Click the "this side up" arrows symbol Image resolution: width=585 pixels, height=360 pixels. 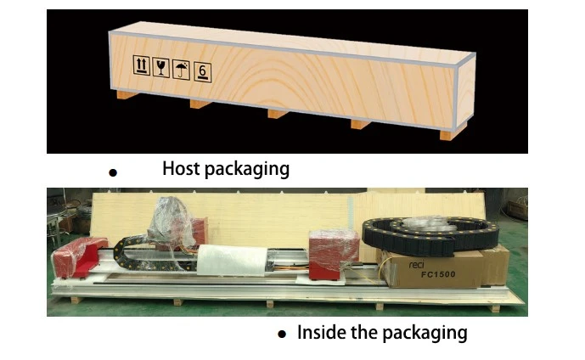click(142, 65)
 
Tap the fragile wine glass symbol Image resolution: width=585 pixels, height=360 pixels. click(160, 68)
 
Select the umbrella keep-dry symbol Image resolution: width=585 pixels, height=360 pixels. click(181, 70)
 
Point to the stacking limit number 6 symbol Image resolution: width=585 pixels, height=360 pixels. click(202, 72)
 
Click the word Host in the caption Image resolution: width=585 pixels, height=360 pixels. click(181, 168)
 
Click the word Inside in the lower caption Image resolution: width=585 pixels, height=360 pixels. click(321, 332)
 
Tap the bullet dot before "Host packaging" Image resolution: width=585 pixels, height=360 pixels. click(113, 172)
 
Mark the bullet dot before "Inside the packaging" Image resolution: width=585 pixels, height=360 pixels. click(282, 334)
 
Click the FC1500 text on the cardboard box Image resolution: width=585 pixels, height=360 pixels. click(438, 274)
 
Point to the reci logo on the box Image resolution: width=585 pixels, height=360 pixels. click(416, 265)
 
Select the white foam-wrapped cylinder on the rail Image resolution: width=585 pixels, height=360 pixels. click(232, 261)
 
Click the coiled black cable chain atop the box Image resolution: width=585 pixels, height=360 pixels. click(430, 235)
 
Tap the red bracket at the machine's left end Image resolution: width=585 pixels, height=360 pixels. click(79, 258)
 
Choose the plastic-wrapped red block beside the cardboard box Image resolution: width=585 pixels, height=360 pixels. click(334, 254)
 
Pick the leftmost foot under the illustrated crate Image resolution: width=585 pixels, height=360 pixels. click(127, 94)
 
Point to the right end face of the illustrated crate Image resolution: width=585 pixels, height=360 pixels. click(466, 92)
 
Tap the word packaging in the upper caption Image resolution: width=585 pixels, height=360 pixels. click(247, 169)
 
